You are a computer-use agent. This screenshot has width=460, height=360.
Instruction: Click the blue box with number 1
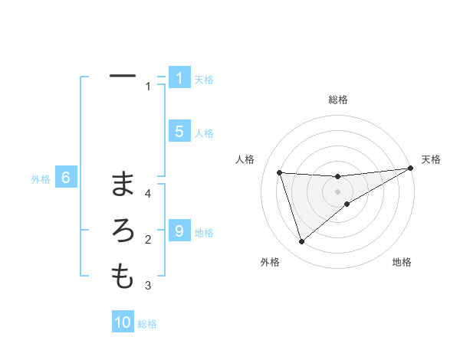pos(179,78)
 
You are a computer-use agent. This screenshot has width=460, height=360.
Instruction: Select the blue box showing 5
pos(179,132)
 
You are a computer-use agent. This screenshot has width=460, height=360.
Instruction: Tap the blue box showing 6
pos(66,178)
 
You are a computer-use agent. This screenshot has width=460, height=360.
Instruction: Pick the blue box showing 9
pos(179,231)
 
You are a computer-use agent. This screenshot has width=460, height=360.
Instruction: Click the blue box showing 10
pos(123,322)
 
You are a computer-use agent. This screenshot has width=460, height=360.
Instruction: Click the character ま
pos(123,184)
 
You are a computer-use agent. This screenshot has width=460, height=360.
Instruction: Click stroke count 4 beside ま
pos(149,194)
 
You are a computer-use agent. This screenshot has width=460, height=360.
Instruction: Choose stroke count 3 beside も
pos(149,286)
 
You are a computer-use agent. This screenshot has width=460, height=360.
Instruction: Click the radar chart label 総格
pos(337,100)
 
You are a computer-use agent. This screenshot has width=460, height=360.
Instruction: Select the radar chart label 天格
pos(431,159)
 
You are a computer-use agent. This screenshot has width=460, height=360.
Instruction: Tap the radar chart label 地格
pos(402,263)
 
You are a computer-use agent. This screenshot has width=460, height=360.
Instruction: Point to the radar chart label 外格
pos(270,263)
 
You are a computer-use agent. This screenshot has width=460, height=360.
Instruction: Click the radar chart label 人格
pos(245,159)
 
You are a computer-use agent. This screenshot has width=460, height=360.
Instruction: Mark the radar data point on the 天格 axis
pos(410,168)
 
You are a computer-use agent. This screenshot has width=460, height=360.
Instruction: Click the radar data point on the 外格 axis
pos(301,242)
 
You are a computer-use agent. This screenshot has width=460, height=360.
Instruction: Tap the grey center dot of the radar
pos(337,191)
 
